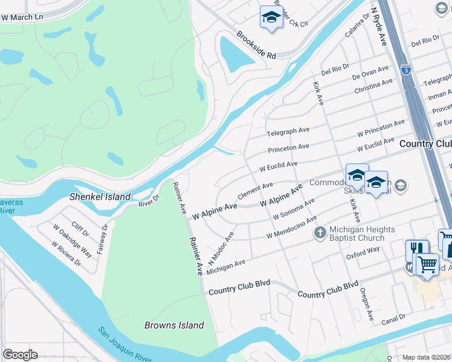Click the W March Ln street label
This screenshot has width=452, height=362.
(22, 17)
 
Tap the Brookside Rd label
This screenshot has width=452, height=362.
(256, 45)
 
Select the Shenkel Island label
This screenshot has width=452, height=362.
(100, 197)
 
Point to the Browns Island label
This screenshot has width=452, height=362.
(174, 325)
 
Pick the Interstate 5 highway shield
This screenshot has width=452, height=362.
(406, 69)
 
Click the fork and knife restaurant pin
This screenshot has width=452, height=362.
(417, 249)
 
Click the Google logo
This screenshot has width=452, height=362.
(20, 354)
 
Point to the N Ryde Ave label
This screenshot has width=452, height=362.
(379, 27)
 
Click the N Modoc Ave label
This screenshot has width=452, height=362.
(221, 249)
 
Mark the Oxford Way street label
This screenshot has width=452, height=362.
(363, 252)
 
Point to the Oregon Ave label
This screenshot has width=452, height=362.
(367, 304)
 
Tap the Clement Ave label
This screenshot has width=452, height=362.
(256, 192)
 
